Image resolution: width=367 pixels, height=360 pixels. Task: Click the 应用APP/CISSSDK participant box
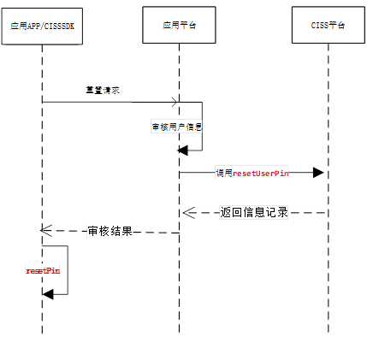(x=41, y=27)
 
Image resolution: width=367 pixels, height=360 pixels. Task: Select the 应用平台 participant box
(x=179, y=27)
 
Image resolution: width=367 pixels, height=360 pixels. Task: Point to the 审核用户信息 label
(x=175, y=127)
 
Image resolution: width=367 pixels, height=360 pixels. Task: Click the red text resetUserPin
(x=261, y=173)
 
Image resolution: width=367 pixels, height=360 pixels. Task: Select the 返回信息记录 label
(x=253, y=213)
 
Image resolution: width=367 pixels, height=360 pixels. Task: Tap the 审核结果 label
(x=110, y=232)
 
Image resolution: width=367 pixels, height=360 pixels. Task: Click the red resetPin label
(x=42, y=270)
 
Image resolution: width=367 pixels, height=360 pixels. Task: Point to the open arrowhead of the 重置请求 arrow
(x=174, y=103)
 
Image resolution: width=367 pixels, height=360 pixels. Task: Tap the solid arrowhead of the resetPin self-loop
(x=48, y=293)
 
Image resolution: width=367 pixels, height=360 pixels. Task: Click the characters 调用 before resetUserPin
(x=224, y=173)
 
